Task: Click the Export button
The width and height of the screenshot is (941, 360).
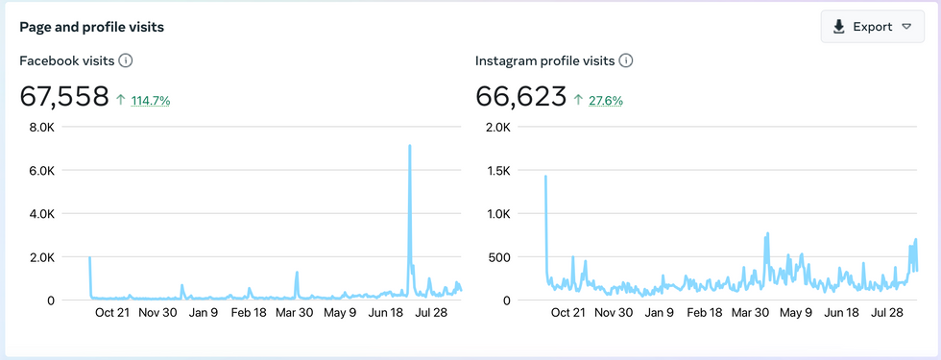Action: [x=872, y=27]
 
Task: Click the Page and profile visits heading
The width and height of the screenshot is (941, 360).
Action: [x=91, y=28]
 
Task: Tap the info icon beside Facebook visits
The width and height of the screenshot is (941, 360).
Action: [x=125, y=60]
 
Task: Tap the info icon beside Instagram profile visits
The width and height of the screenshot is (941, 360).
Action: [x=626, y=60]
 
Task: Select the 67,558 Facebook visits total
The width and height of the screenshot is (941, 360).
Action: [x=63, y=96]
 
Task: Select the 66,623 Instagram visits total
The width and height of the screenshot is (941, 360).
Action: [x=520, y=96]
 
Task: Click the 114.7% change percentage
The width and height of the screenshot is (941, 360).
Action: [x=150, y=100]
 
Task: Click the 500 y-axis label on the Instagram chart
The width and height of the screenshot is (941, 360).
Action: [x=498, y=256]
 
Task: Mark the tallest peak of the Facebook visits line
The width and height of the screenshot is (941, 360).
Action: [x=410, y=146]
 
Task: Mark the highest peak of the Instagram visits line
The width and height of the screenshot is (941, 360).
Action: [x=545, y=177]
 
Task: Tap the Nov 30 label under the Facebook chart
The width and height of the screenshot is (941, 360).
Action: [x=157, y=312]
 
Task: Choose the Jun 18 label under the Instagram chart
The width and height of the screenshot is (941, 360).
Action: [x=841, y=312]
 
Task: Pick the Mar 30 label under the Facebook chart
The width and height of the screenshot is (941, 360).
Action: [x=294, y=312]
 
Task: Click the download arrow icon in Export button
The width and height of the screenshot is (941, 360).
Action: [x=840, y=27]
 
